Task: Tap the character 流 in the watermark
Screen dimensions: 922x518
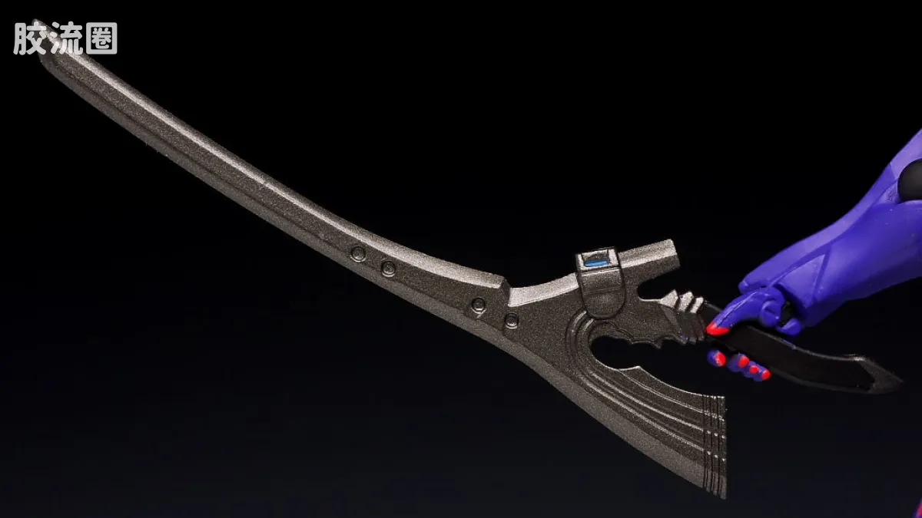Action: click(65, 38)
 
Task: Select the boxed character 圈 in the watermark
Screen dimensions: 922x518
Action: click(102, 38)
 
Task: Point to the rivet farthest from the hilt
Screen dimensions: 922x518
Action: click(358, 253)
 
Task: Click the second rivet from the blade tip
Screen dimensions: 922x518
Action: click(388, 268)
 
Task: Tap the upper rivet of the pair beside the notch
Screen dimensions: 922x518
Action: click(478, 305)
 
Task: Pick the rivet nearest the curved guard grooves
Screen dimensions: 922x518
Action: click(511, 320)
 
